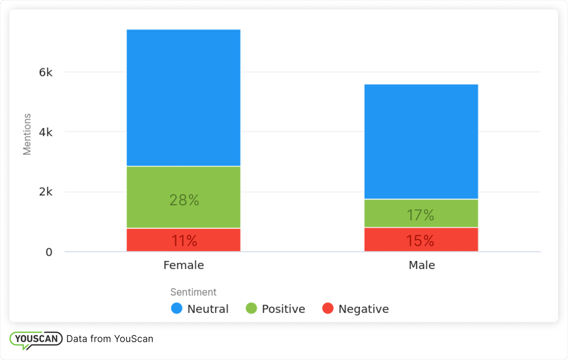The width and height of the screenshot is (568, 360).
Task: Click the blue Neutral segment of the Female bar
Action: coord(183,98)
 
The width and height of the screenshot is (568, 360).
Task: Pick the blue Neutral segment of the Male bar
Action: coord(421,141)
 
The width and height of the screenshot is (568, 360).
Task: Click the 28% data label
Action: coord(184,200)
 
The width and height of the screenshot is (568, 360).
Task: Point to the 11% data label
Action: coord(184,241)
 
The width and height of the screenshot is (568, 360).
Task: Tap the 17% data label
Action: coord(420,215)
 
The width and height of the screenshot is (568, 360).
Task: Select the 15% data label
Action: coord(420,241)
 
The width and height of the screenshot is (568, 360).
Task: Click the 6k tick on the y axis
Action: coord(46,72)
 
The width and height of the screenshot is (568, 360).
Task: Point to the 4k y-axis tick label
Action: coord(46,132)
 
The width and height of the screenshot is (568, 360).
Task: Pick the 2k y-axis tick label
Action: coord(46,192)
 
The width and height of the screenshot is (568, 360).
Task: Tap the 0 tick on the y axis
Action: coord(49,252)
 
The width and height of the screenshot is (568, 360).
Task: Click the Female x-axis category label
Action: coord(184,265)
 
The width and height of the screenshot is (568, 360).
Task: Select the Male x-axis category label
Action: coord(422,265)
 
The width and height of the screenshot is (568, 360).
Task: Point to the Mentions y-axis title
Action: coord(28,134)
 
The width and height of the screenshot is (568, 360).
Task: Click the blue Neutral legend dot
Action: coord(177,309)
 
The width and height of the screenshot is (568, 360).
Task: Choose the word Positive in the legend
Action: coord(283,309)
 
